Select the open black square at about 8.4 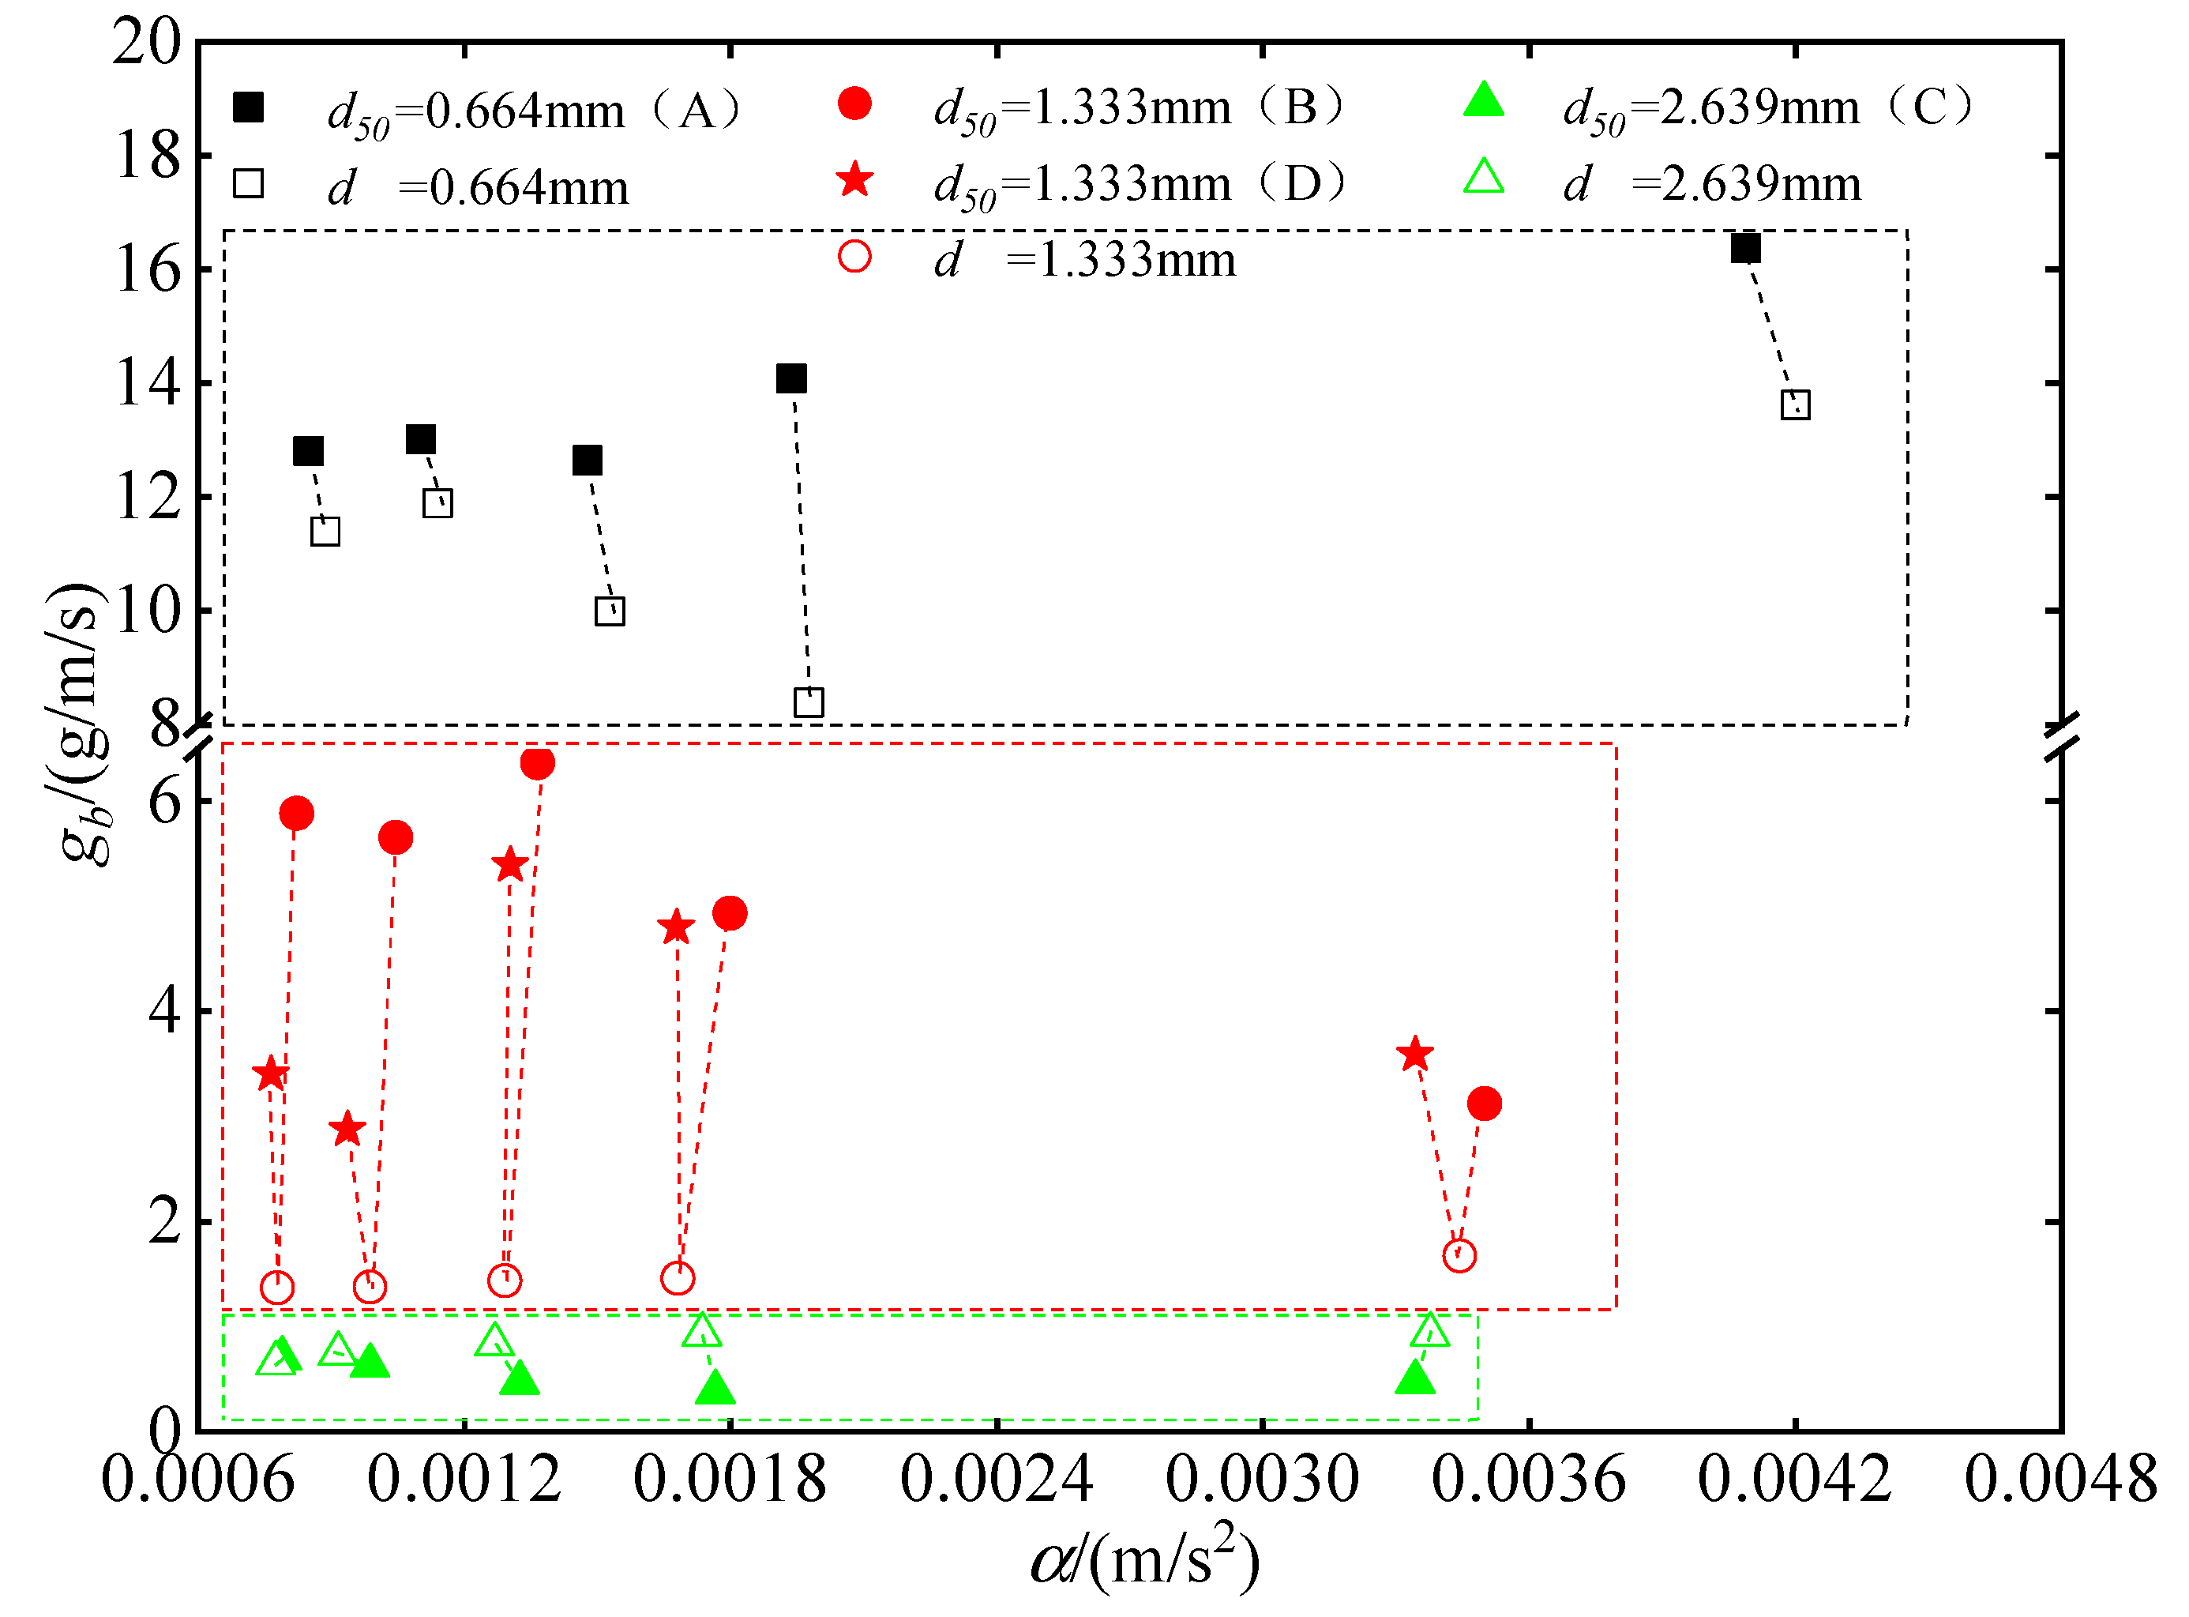[809, 701]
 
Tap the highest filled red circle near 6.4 [537, 762]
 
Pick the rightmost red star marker [1415, 1055]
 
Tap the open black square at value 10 [610, 611]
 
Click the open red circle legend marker [854, 257]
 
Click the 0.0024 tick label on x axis [995, 1479]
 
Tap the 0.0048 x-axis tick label [2059, 1479]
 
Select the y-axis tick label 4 [164, 1010]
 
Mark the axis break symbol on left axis [199, 737]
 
